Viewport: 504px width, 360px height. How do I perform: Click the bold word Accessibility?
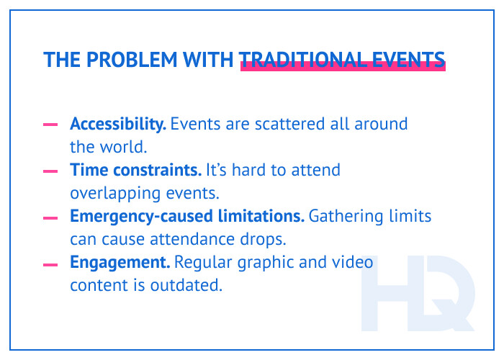118,124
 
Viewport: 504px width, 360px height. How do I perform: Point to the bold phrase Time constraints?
135,171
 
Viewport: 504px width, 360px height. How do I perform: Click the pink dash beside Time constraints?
50,171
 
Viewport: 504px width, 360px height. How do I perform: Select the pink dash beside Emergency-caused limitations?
50,217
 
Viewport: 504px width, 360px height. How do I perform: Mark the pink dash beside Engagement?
50,264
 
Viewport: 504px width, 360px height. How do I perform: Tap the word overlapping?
112,194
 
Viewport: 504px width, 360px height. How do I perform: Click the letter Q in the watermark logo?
444,296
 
